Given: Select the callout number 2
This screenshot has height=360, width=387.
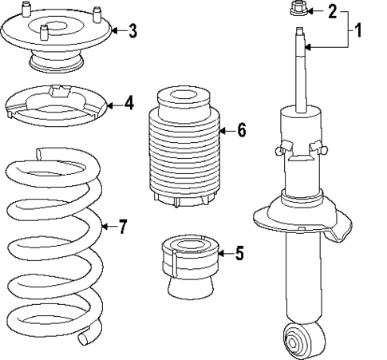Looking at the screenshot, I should coord(333,11).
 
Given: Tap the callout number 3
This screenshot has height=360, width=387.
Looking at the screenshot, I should coord(132,31).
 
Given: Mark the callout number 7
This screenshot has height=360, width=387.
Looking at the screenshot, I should coord(122,227).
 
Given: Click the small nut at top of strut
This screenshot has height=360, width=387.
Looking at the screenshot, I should coord(298,10).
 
